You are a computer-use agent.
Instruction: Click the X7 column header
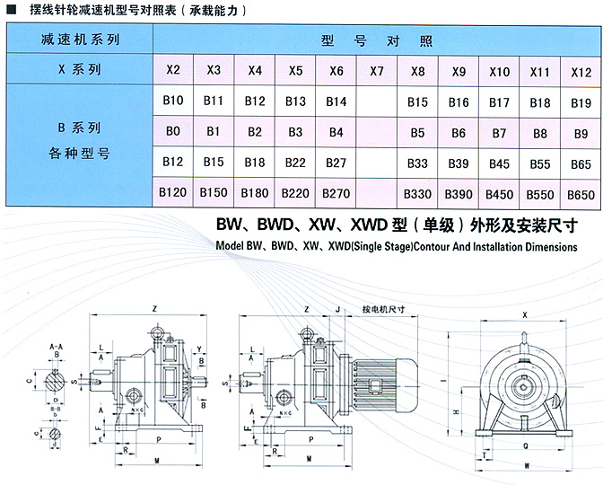pyautogui.click(x=376, y=69)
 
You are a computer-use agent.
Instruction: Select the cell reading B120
pyautogui.click(x=172, y=192)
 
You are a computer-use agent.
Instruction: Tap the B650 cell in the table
pyautogui.click(x=581, y=193)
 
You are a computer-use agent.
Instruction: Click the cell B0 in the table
pyautogui.click(x=173, y=132)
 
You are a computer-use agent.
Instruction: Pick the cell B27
pyautogui.click(x=336, y=163)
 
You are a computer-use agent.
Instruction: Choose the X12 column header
pyautogui.click(x=581, y=70)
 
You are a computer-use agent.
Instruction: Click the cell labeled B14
pyautogui.click(x=336, y=101)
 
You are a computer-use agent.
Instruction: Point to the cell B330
pyautogui.click(x=417, y=193)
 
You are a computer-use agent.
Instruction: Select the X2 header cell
pyautogui.click(x=173, y=69)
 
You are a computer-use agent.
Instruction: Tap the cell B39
pyautogui.click(x=459, y=163)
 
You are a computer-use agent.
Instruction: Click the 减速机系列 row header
pyautogui.click(x=80, y=40)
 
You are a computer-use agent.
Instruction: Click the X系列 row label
pyautogui.click(x=80, y=69)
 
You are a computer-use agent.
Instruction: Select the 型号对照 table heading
pyautogui.click(x=376, y=40)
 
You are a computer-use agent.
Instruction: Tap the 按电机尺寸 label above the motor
pyautogui.click(x=384, y=308)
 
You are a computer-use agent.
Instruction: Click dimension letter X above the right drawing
pyautogui.click(x=524, y=315)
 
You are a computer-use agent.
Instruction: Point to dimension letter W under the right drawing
pyautogui.click(x=526, y=466)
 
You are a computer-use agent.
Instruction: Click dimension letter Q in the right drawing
pyautogui.click(x=526, y=444)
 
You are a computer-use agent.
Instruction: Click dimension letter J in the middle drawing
pyautogui.click(x=336, y=308)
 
